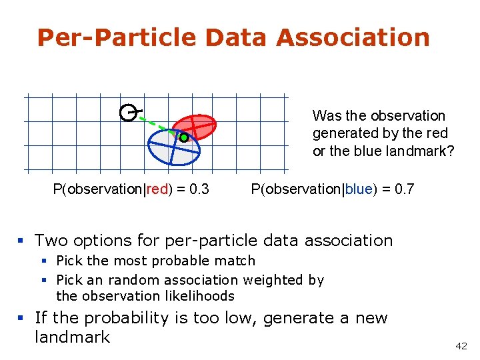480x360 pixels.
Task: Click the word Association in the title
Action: point(353,37)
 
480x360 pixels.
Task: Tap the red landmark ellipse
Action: point(198,125)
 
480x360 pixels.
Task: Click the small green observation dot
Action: point(184,138)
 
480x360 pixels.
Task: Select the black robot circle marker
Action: point(128,113)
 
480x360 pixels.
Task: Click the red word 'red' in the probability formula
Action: point(157,189)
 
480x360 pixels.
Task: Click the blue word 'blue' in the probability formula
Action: point(359,189)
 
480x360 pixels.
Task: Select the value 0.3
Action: point(199,189)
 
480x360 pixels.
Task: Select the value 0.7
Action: point(404,189)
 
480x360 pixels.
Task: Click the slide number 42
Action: point(461,346)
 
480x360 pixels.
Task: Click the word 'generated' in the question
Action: point(341,133)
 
